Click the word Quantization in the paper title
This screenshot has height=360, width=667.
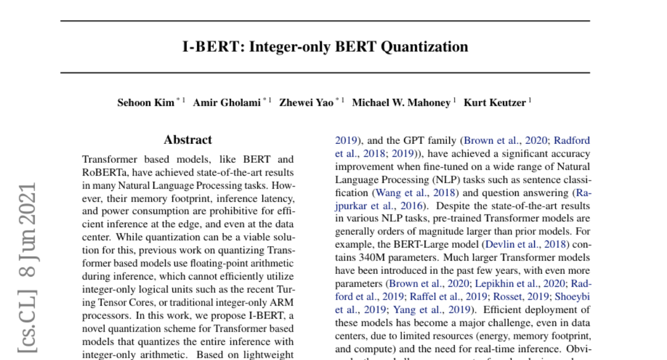click(x=424, y=47)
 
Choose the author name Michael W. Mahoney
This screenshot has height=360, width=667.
click(x=401, y=103)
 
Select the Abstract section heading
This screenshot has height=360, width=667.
click(x=188, y=140)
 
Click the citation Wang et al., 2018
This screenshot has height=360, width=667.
click(x=415, y=193)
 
